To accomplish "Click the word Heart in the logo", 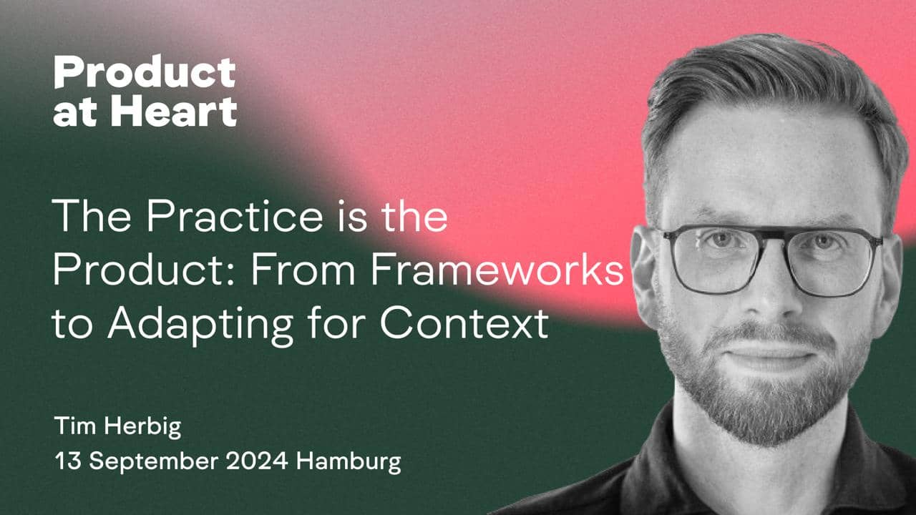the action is (174, 111).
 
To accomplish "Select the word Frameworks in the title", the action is (497, 269).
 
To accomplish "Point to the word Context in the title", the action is (464, 322).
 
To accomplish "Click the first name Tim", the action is (75, 426).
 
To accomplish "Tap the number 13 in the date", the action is (68, 461).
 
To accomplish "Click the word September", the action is (154, 463).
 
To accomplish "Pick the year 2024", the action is (257, 461).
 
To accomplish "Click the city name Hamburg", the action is (349, 463).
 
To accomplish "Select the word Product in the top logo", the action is (145, 72).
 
